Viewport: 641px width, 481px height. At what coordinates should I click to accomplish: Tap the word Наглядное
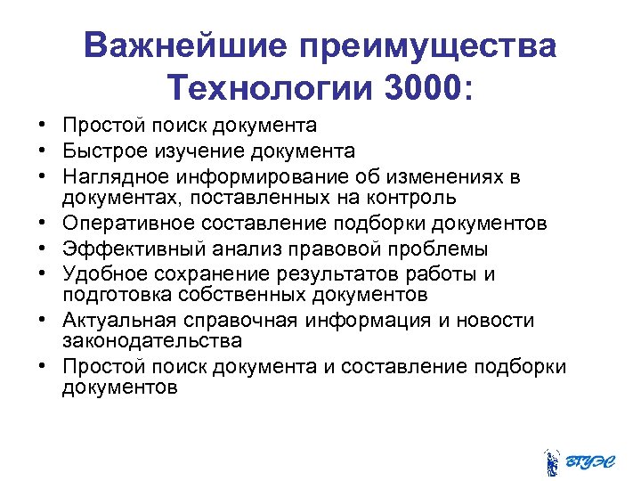115,175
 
